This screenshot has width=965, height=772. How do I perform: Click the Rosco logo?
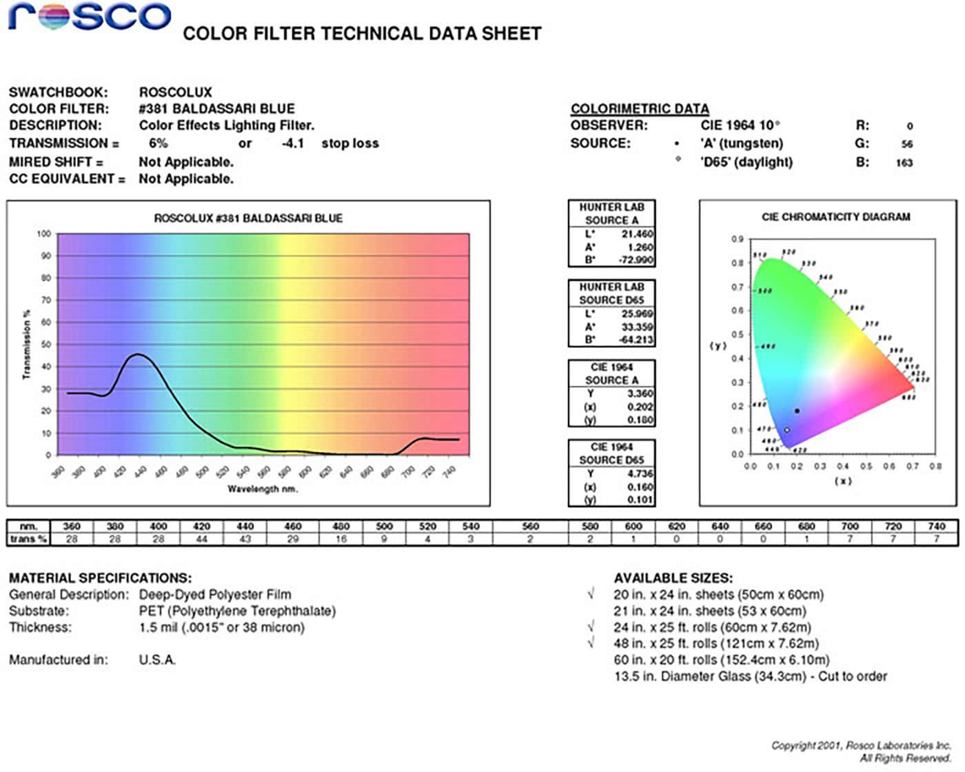(90, 17)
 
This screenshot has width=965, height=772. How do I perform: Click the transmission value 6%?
(158, 143)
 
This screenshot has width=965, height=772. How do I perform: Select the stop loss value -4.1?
(293, 143)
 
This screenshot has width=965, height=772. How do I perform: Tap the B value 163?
(904, 163)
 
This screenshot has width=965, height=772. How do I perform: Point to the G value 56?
(907, 144)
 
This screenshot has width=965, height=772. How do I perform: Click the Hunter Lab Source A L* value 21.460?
(637, 234)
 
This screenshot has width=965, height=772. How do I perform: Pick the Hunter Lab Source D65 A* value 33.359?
(637, 327)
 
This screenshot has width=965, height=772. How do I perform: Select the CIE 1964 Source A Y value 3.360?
(640, 394)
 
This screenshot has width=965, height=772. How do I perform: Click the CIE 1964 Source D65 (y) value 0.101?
(640, 500)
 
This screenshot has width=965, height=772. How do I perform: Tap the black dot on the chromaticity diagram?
(798, 411)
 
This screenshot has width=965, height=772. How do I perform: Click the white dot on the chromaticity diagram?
(787, 430)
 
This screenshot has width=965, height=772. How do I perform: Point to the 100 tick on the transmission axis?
(44, 234)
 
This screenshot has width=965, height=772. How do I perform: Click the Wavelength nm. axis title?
(263, 489)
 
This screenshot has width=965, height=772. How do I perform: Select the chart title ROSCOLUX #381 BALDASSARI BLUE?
(248, 219)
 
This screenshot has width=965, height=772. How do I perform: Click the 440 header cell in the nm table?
(245, 527)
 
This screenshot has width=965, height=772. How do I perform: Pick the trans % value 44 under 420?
(201, 539)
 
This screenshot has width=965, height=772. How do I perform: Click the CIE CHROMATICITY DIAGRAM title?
(835, 217)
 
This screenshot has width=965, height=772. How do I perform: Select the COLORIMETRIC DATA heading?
(640, 109)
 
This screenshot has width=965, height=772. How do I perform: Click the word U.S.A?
(157, 660)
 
